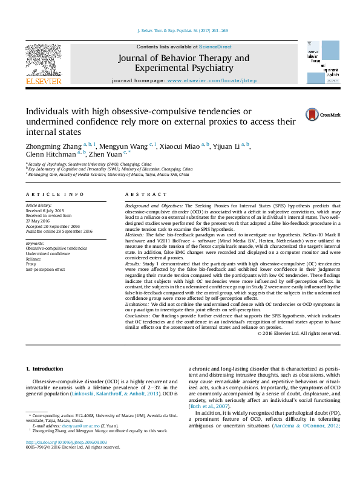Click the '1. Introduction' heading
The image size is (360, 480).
(x=45, y=369)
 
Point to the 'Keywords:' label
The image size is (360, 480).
(x=35, y=243)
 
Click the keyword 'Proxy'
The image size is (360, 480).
(x=31, y=264)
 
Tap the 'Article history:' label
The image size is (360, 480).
(x=39, y=206)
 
